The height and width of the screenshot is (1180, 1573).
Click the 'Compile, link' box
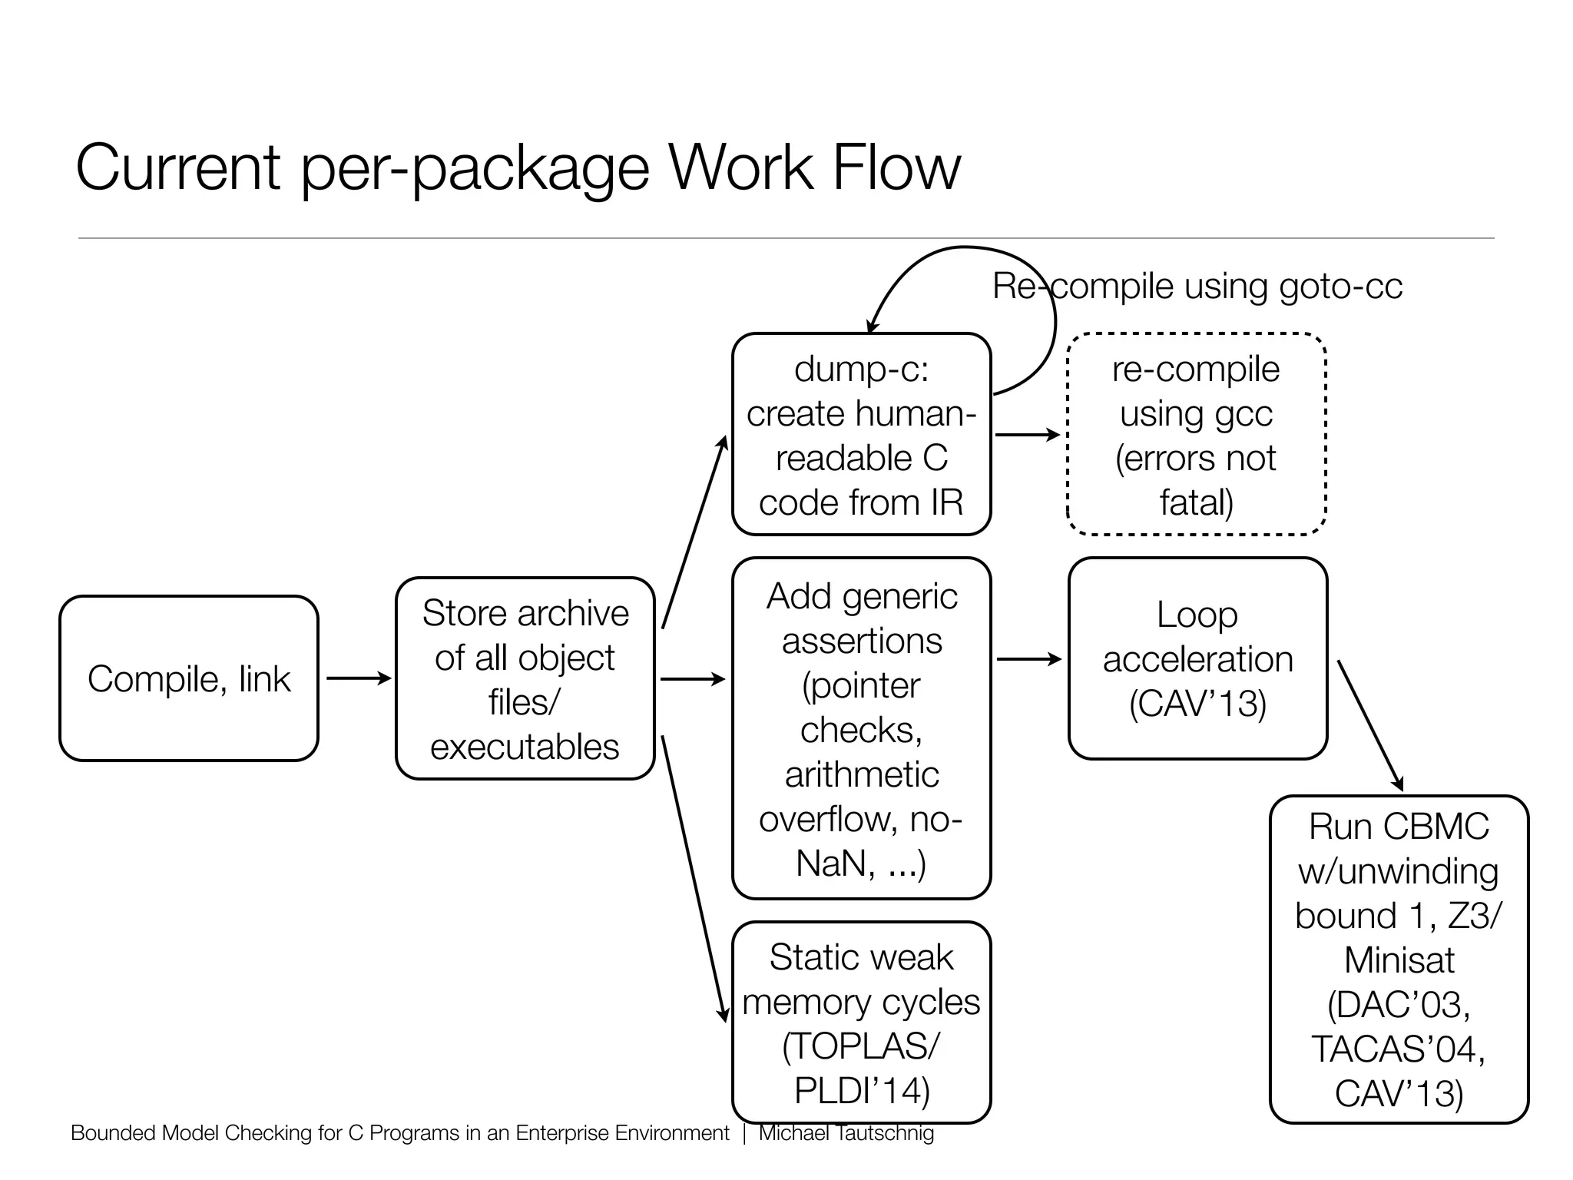(189, 678)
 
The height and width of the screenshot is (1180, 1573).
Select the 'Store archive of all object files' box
(525, 678)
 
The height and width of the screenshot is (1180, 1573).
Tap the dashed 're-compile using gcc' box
(1197, 434)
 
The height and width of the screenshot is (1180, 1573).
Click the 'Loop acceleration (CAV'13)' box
(1197, 658)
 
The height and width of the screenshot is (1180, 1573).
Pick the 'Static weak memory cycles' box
(861, 1022)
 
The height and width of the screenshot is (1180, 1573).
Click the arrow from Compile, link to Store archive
(358, 678)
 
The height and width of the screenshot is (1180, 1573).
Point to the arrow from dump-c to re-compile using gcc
(1028, 435)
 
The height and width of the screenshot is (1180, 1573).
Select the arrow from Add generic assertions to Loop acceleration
(1028, 659)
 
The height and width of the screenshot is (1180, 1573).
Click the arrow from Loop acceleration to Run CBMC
(1370, 724)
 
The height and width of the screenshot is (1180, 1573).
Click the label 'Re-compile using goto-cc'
(1197, 287)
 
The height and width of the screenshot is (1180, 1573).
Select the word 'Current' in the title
(178, 167)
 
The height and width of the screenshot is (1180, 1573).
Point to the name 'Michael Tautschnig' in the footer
(846, 1133)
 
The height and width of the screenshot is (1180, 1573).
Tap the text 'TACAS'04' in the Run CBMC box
(1397, 1049)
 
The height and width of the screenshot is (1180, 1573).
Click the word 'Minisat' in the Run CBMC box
(1399, 960)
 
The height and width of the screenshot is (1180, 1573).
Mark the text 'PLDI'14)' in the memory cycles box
(861, 1090)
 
